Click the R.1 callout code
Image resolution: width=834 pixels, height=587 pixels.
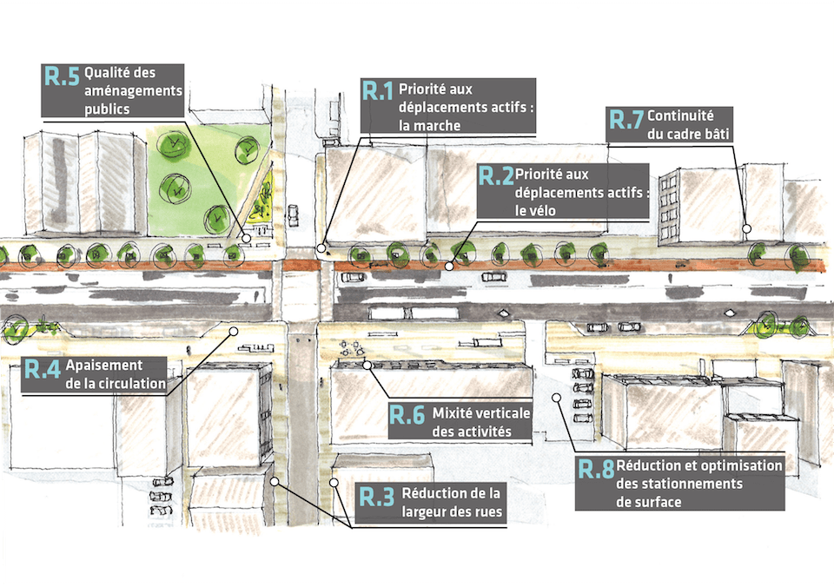tap(378, 92)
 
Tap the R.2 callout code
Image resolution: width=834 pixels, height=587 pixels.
tap(496, 177)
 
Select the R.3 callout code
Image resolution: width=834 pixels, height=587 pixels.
tap(377, 498)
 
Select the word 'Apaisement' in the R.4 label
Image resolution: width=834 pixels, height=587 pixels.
tap(103, 366)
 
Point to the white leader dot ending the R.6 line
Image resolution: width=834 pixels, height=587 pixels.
tap(367, 366)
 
